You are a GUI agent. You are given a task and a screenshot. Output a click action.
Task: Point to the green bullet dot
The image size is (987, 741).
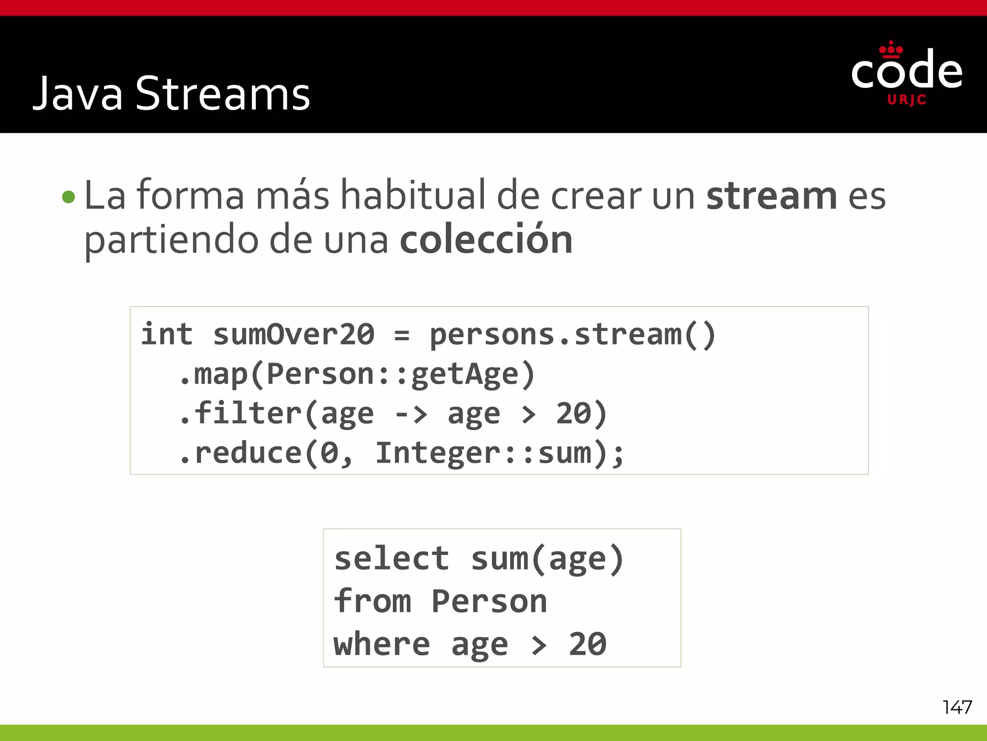click(x=69, y=197)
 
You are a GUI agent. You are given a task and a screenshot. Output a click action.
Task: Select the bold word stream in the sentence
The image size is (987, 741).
click(x=772, y=196)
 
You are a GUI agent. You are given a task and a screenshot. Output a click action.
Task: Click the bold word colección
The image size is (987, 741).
click(x=486, y=240)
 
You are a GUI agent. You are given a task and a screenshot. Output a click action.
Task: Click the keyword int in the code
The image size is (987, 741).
click(x=167, y=334)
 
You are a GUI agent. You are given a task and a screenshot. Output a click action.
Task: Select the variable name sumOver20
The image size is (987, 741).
click(x=293, y=334)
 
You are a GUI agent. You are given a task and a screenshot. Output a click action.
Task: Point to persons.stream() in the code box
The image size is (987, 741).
click(x=573, y=334)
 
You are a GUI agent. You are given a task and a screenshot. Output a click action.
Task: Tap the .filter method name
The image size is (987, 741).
click(x=241, y=413)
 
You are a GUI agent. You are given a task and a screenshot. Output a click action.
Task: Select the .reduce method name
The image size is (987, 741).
click(x=241, y=453)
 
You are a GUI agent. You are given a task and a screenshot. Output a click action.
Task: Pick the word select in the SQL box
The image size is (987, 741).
click(x=391, y=559)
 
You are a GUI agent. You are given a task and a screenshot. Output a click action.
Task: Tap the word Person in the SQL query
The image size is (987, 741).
click(x=489, y=601)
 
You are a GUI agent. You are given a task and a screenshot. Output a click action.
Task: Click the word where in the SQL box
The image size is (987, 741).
click(x=382, y=644)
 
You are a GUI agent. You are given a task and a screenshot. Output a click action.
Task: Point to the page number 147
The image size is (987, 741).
click(x=957, y=707)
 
